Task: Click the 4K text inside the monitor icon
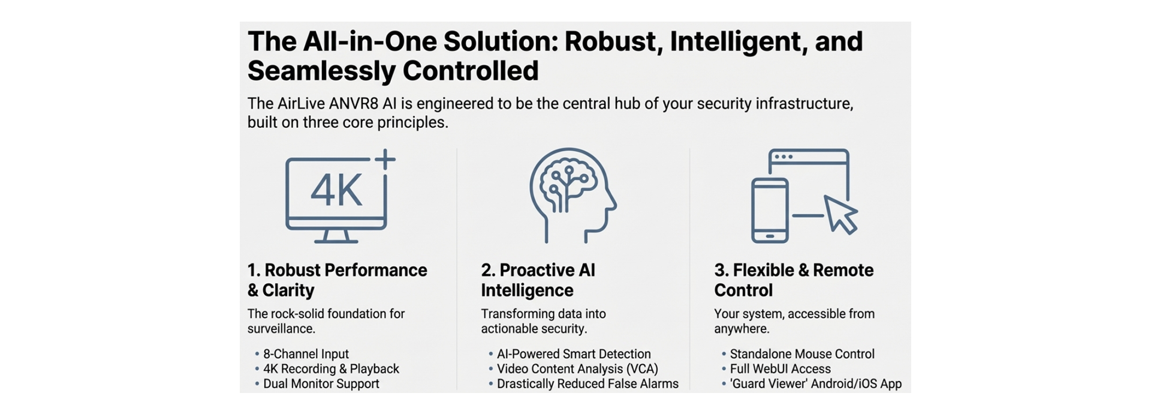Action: [x=336, y=191]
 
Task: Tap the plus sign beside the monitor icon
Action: [x=385, y=160]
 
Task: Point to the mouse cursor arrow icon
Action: [x=841, y=213]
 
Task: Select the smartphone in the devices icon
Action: [x=770, y=211]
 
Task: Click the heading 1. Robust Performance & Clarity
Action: [x=337, y=280]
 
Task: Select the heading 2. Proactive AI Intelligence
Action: [x=538, y=280]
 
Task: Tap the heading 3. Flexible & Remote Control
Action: [x=793, y=280]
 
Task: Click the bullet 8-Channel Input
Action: [x=306, y=354]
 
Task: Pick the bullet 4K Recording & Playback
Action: [x=331, y=369]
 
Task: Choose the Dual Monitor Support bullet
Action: [x=321, y=384]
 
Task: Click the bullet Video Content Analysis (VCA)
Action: [x=577, y=369]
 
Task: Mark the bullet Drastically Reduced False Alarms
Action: [x=587, y=384]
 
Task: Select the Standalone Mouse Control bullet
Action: [x=802, y=354]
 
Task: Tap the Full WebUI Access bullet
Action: [x=780, y=369]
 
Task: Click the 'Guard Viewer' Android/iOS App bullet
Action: [x=815, y=384]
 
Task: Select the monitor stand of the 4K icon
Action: [x=336, y=237]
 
